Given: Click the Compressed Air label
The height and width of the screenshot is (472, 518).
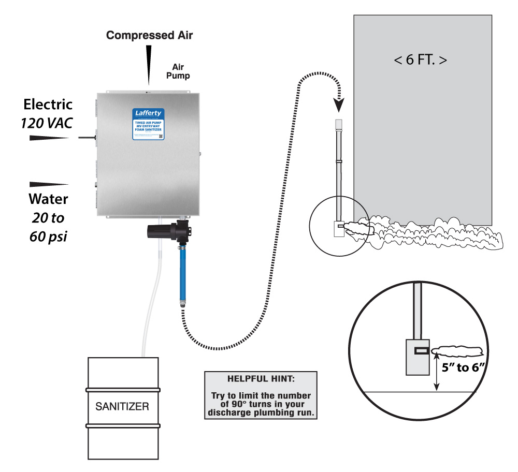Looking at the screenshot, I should (149, 35).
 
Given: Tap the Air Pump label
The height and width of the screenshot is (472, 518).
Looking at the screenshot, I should (181, 71).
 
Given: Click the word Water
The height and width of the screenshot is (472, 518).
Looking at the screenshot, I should (48, 199).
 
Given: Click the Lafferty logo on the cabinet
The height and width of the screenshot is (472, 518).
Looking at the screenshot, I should (148, 113).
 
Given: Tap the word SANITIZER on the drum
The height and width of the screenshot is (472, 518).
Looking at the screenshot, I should (122, 406).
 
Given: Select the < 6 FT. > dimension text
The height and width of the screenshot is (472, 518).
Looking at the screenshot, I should (420, 60).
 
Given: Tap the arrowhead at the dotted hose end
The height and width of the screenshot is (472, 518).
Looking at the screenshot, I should (339, 106).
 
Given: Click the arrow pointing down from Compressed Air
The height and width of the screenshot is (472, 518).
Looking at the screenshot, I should (149, 65).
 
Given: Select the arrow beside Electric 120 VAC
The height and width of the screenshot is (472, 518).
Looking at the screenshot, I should (49, 138).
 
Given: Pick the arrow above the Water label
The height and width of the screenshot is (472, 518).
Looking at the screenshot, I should (49, 184).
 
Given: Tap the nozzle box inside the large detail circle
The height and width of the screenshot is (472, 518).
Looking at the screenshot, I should (417, 357).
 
